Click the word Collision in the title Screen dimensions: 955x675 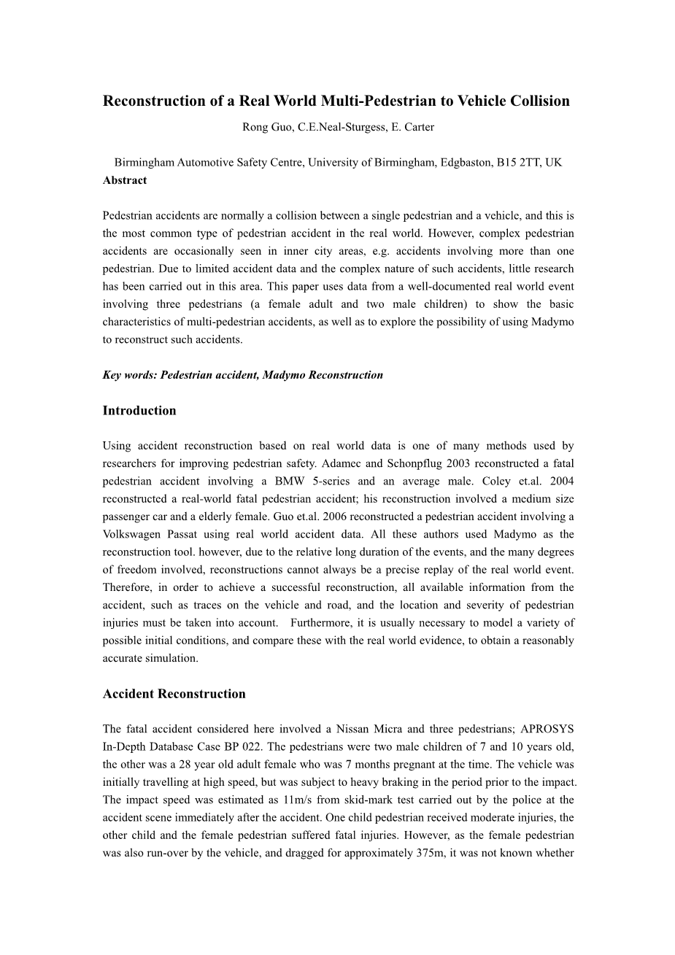[x=539, y=101]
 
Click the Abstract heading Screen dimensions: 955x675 [x=125, y=180]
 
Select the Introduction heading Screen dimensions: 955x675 [x=139, y=411]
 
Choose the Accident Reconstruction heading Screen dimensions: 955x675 [x=174, y=694]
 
